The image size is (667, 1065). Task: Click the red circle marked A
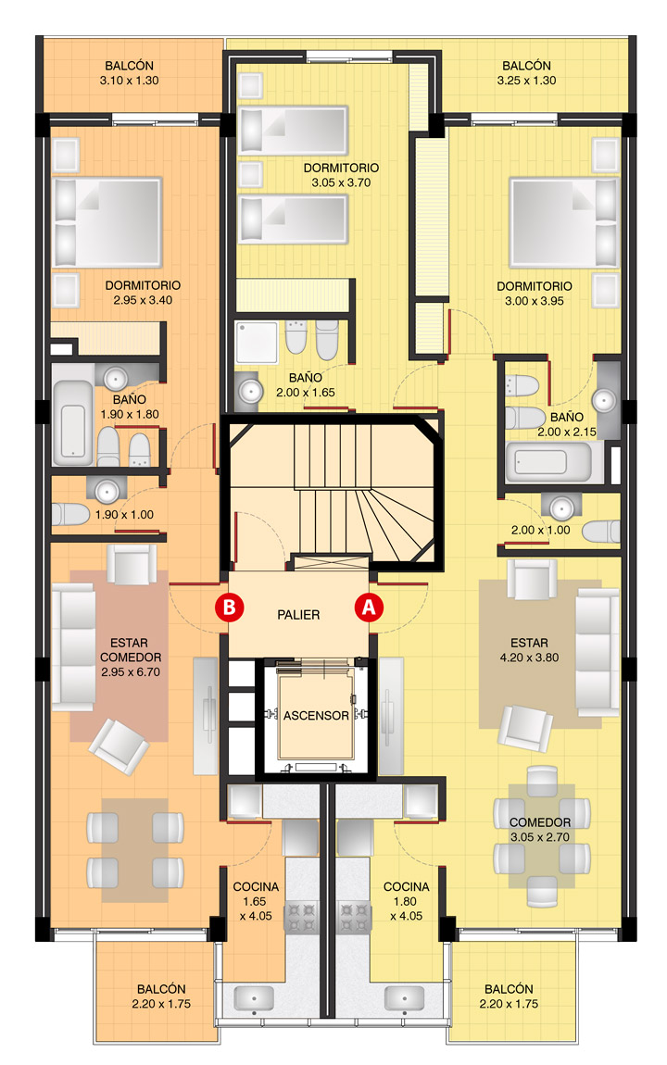tap(368, 607)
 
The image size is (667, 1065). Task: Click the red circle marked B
tap(230, 607)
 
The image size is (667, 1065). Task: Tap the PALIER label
tap(298, 615)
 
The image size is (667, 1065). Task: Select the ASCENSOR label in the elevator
tap(316, 715)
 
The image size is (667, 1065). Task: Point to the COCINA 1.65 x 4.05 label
tap(256, 901)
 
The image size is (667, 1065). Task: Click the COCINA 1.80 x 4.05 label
tap(406, 901)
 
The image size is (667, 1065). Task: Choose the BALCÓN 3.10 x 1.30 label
tap(129, 72)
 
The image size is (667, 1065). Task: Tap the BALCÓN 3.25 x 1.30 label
tap(526, 72)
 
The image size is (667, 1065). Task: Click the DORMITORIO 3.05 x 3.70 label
tap(341, 174)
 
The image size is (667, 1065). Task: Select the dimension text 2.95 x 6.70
tap(131, 672)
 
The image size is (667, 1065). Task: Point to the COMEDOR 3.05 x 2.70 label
tap(540, 830)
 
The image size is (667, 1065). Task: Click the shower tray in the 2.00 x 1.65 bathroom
tap(257, 343)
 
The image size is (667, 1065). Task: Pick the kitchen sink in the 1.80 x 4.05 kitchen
tap(404, 999)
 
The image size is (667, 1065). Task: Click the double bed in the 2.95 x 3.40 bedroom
tap(107, 222)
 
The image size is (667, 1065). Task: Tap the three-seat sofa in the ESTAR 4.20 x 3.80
tap(597, 652)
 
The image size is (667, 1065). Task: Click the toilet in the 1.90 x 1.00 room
tap(69, 514)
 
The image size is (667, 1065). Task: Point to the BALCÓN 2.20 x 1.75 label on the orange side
tap(161, 996)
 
